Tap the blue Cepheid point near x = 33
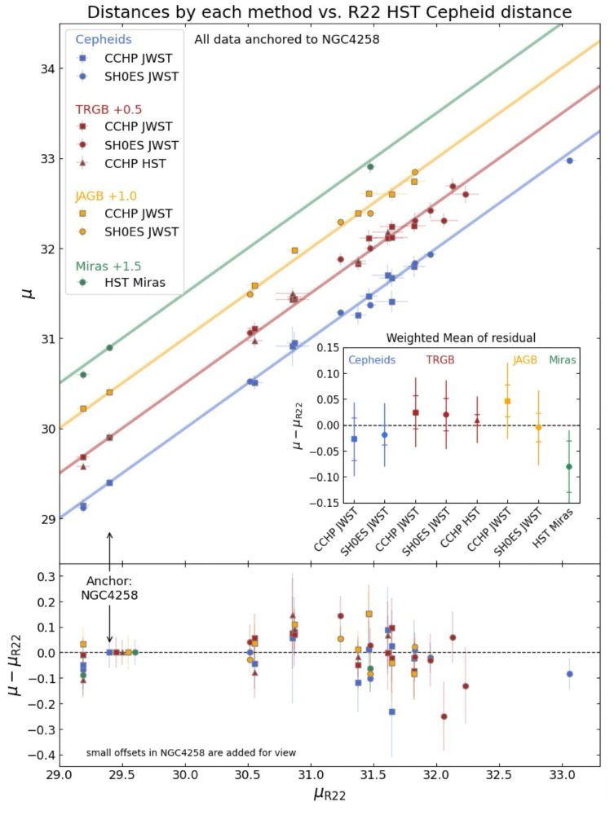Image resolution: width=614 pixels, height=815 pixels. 570,161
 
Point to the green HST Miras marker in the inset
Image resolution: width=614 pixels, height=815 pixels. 568,467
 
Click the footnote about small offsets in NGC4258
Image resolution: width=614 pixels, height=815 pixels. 191,752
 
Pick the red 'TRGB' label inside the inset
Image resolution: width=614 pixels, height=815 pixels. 440,359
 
